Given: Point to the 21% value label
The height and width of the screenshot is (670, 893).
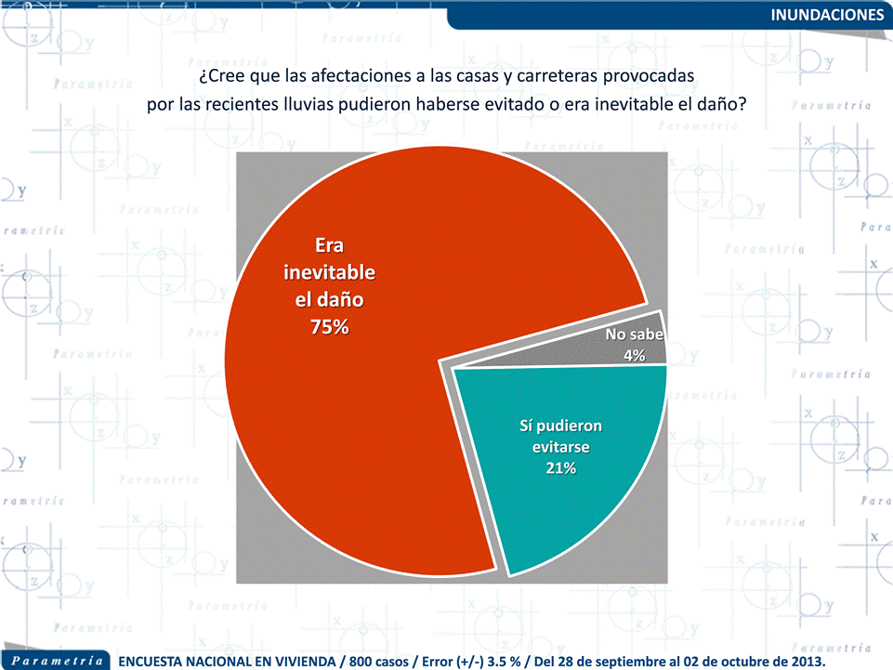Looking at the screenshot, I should coord(560,468).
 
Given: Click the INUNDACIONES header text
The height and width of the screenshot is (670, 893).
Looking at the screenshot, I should coord(828,15).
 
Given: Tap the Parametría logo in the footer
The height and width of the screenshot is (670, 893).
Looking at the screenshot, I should coord(57,660).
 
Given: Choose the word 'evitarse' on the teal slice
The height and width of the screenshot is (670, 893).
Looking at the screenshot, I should coord(560,447).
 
